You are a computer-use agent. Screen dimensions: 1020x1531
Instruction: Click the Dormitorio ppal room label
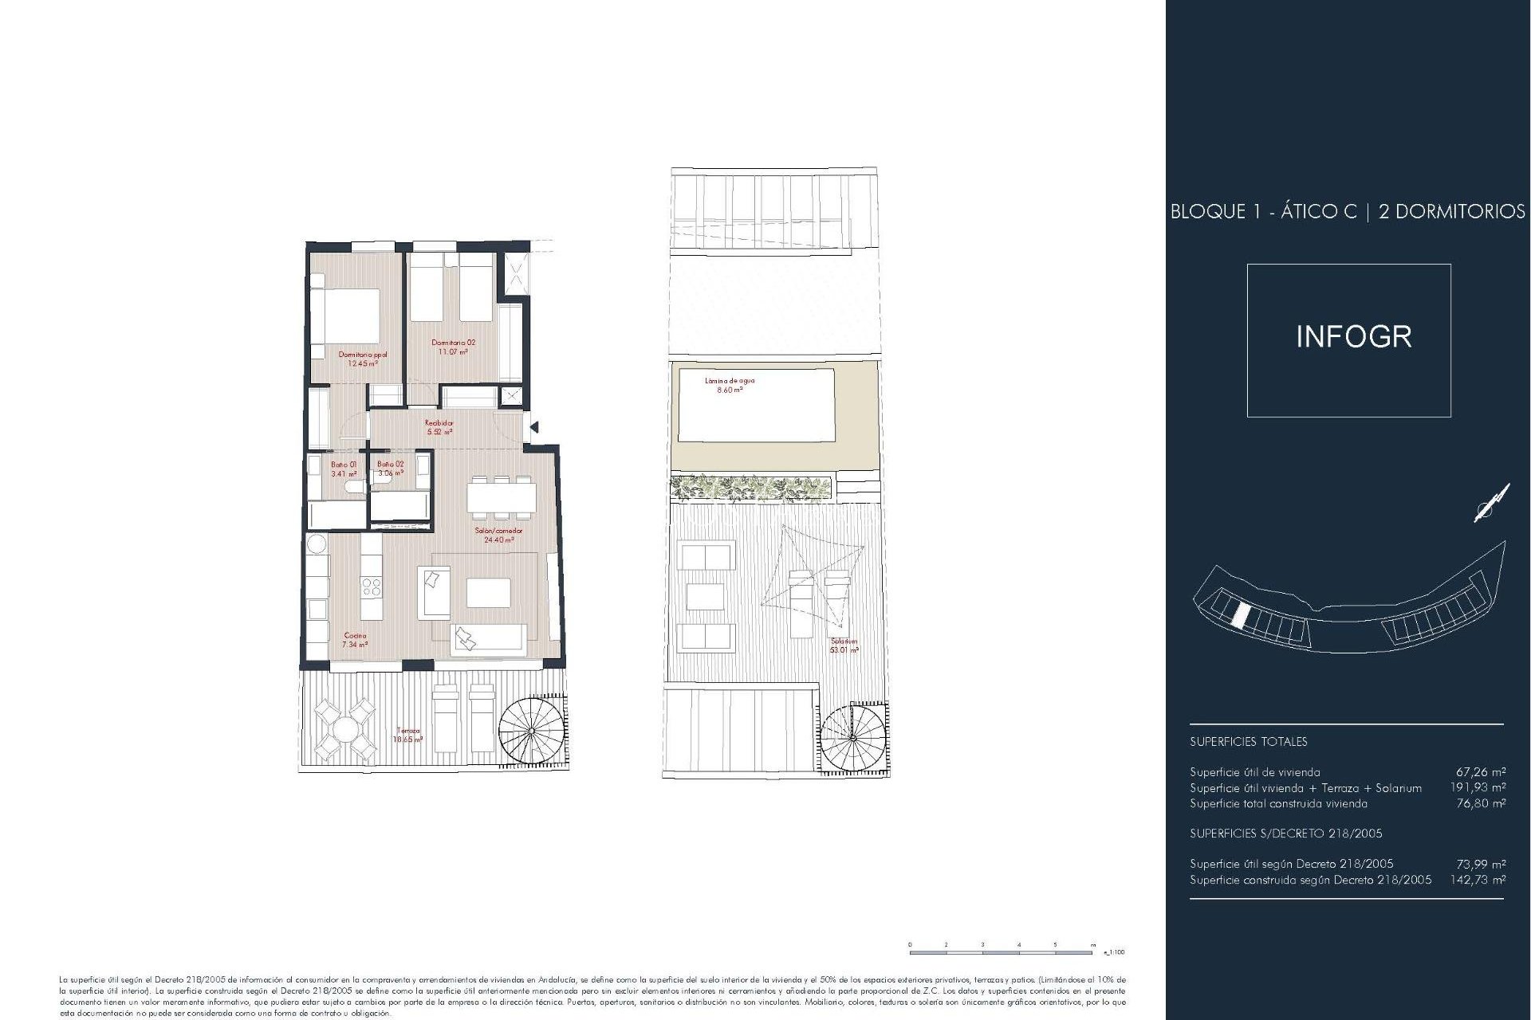(x=363, y=359)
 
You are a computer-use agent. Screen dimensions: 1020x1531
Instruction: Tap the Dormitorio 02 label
(x=453, y=347)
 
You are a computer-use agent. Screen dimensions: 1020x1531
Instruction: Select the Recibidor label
(x=439, y=427)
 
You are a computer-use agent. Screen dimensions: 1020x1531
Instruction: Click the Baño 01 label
(x=344, y=469)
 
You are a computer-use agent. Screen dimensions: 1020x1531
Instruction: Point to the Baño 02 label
(x=391, y=469)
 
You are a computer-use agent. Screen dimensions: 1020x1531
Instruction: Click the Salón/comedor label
(x=499, y=535)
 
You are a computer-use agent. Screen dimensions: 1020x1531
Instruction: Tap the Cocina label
(x=355, y=640)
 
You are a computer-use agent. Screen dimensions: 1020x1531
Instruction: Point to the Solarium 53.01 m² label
(x=844, y=645)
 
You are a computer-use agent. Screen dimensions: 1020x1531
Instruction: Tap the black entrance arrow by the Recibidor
(x=534, y=428)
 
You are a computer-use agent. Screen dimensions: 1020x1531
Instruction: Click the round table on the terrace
(x=345, y=729)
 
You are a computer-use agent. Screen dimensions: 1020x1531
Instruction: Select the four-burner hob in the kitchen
(x=372, y=588)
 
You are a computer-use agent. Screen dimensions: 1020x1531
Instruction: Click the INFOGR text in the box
(x=1353, y=337)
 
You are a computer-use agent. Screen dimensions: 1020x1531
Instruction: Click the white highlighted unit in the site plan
(x=1239, y=615)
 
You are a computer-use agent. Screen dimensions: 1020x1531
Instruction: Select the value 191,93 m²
(x=1478, y=788)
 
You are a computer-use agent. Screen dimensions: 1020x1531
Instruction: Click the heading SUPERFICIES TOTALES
(x=1248, y=742)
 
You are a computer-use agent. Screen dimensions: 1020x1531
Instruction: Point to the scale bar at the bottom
(x=1002, y=952)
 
